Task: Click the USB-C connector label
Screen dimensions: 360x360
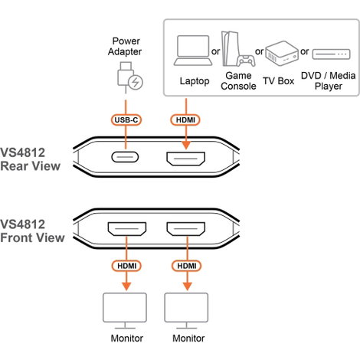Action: (126, 119)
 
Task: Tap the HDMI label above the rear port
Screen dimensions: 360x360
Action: (185, 119)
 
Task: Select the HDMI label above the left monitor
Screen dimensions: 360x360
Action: (126, 266)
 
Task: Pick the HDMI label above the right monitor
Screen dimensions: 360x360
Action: (187, 266)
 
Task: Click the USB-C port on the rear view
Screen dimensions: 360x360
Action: (125, 157)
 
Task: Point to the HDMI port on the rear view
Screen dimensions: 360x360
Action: (185, 159)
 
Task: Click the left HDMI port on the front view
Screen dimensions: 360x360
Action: (127, 229)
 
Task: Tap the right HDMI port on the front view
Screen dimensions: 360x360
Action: (186, 229)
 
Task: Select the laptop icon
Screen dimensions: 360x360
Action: (193, 51)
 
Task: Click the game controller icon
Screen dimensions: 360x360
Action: (246, 61)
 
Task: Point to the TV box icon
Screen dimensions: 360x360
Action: (282, 54)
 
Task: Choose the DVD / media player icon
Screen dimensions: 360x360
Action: (331, 54)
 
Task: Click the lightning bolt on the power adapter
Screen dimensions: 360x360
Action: (136, 82)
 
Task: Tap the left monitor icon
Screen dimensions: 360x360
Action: (125, 311)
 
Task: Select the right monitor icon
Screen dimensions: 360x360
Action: (186, 311)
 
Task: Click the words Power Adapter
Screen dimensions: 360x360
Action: (125, 46)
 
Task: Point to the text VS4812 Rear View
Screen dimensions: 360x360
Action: (30, 159)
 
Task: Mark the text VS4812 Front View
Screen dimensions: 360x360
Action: (32, 231)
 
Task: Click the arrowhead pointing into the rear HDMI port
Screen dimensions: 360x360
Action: (186, 145)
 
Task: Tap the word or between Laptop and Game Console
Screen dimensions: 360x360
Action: (216, 51)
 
